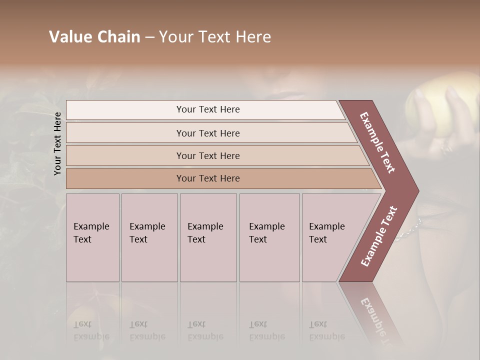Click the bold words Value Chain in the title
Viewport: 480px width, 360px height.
94,37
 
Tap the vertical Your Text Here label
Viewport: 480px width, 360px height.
57,143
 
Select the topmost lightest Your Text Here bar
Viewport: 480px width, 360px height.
207,109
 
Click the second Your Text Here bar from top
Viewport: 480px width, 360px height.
207,133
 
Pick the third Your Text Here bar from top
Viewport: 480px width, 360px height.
207,155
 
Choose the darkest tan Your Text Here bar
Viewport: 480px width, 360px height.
207,178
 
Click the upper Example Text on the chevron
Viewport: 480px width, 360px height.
377,142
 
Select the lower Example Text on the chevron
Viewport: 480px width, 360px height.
379,236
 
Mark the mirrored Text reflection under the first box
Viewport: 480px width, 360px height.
82,324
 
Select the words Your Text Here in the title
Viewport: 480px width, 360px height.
215,37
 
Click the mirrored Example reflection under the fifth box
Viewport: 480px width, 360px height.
327,336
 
